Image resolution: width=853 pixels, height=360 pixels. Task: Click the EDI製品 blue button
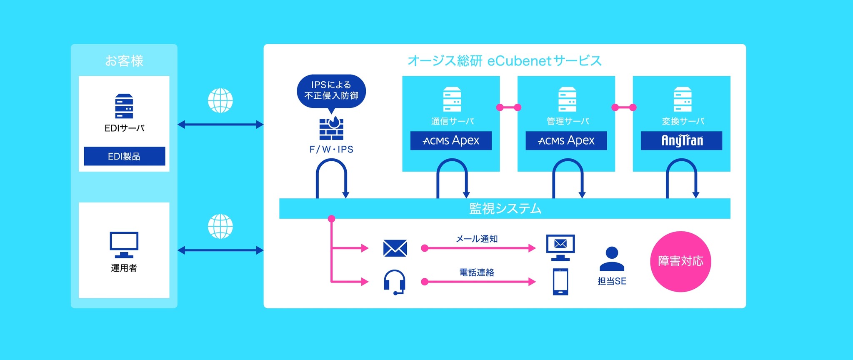pyautogui.click(x=124, y=156)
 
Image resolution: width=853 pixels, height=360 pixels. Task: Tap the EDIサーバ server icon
pyautogui.click(x=124, y=106)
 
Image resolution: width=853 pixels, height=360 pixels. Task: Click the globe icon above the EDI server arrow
pyautogui.click(x=220, y=100)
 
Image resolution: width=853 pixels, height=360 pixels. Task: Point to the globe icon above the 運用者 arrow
pyautogui.click(x=220, y=226)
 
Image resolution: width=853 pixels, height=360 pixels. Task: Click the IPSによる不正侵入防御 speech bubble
pyautogui.click(x=331, y=91)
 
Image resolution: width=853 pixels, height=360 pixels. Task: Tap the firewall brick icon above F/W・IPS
pyautogui.click(x=331, y=128)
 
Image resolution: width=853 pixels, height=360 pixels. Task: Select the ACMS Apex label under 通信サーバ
pyautogui.click(x=451, y=141)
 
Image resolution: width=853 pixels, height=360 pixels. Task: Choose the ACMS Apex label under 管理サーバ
pyautogui.click(x=566, y=141)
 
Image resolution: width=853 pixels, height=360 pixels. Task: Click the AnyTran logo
pyautogui.click(x=681, y=141)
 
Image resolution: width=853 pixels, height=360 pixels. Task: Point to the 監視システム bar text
pyautogui.click(x=505, y=208)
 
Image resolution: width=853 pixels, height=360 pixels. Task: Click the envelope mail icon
pyautogui.click(x=395, y=248)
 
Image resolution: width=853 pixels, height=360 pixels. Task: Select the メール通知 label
pyautogui.click(x=477, y=239)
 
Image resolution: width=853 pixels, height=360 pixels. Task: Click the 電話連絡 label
pyautogui.click(x=477, y=272)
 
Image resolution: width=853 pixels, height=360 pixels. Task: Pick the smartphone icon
pyautogui.click(x=560, y=282)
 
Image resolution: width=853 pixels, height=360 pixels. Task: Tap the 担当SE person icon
pyautogui.click(x=611, y=259)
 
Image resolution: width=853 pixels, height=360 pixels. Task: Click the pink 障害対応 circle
pyautogui.click(x=680, y=261)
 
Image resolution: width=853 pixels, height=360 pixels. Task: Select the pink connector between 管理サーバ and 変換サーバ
pyautogui.click(x=624, y=107)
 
